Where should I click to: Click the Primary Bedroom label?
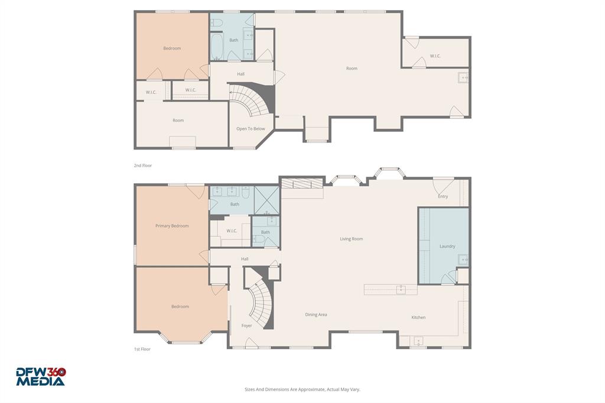coord(172,226)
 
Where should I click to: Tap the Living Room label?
coord(352,239)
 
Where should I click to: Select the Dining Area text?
coord(316,314)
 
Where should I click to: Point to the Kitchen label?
coord(418,317)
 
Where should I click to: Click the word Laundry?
coord(447,246)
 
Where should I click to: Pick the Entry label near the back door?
coord(443,196)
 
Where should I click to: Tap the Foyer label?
coord(246,326)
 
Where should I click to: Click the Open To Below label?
coord(251,128)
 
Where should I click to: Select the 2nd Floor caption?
coord(142,165)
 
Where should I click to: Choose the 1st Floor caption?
coord(142,349)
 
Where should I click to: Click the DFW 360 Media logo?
coord(41,376)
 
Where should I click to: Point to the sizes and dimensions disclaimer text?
coord(302,389)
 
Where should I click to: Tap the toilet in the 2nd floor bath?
coord(217,22)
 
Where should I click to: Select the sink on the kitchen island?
coord(401,289)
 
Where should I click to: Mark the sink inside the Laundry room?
coord(463,259)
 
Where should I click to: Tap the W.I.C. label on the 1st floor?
coord(232,230)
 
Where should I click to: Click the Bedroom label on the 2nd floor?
coord(172,48)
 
